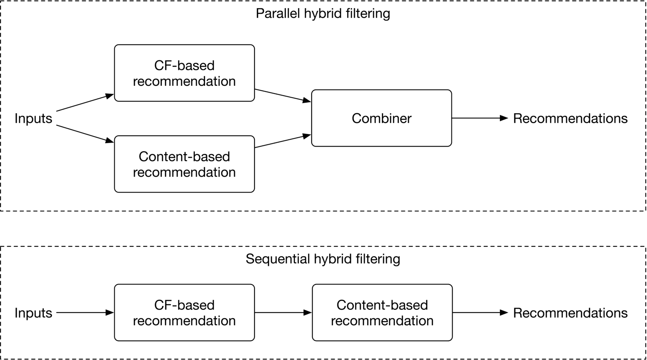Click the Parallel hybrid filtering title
pos(323,13)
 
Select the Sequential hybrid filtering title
pos(323,259)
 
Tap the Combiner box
pos(382,118)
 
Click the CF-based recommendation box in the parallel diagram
pos(184,73)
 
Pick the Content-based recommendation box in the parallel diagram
pos(184,164)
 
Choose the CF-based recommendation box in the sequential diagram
pos(184,313)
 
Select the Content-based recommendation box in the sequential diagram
pos(382,313)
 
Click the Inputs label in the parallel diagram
pos(33,119)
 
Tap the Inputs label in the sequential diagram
pos(33,313)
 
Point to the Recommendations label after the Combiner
pos(570,119)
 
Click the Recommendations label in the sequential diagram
pos(570,313)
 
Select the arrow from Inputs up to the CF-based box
pos(85,103)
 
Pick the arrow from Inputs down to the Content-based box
pos(85,134)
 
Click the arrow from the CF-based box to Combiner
pos(282,95)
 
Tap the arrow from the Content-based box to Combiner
pos(282,141)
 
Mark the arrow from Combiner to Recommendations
pos(480,118)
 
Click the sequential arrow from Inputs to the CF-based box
pos(85,313)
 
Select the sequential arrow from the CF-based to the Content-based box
pos(283,313)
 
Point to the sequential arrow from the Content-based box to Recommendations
pos(480,313)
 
